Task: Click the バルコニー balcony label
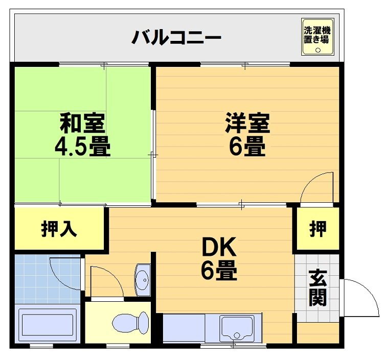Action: coord(176,37)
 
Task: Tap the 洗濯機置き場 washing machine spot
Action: coord(318,37)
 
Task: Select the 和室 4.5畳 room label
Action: coord(83,134)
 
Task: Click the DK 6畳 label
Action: coord(219,258)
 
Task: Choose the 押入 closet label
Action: coord(59,229)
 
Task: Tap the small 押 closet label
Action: coord(318,229)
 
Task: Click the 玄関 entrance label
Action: coord(318,287)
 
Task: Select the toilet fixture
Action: coord(130,323)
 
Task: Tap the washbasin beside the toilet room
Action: coord(143,280)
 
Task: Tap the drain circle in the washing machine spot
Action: coord(318,50)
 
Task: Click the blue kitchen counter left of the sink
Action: coord(184,328)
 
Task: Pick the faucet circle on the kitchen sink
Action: coord(237,335)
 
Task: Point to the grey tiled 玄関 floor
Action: coord(317,288)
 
